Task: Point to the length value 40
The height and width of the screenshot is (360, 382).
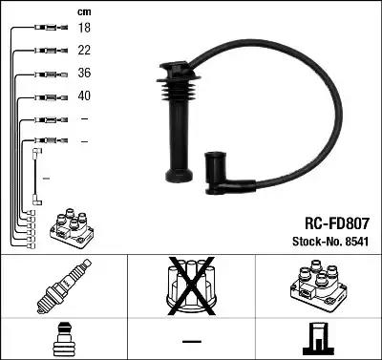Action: pos(84,96)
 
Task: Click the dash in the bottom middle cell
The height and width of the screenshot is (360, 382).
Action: pos(191,341)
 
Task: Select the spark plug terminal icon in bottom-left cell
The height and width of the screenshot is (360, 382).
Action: pos(63,340)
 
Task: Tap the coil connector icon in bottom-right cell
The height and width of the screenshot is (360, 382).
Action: pos(318,340)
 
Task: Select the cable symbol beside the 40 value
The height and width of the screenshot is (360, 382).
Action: pos(44,96)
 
